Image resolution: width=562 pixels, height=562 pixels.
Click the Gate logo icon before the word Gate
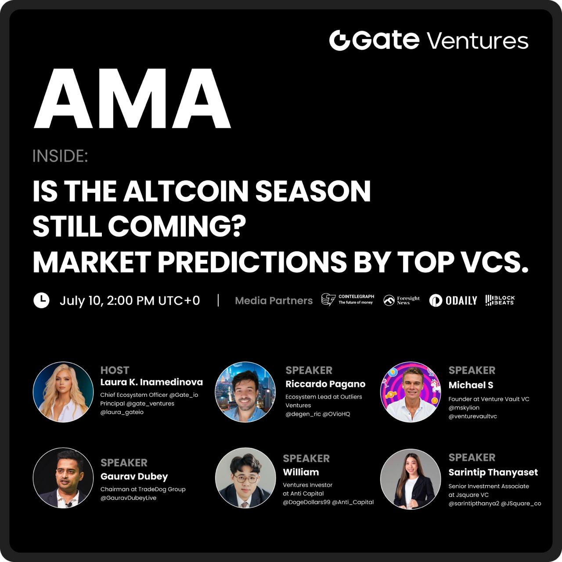(x=339, y=40)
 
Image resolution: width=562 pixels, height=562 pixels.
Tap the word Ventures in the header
(x=478, y=41)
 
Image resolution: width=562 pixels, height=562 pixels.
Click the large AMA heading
(x=132, y=99)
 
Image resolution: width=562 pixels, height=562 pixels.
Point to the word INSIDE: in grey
(x=60, y=156)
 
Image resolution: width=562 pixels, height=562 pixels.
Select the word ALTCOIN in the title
(x=186, y=191)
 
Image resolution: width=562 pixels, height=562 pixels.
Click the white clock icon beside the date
(x=41, y=300)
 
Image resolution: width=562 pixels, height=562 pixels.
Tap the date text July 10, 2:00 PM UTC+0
(x=130, y=300)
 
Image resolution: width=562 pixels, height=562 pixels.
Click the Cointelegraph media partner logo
(x=348, y=299)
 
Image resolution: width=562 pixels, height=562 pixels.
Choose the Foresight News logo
(x=402, y=300)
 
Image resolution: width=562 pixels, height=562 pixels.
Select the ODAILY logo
(x=453, y=300)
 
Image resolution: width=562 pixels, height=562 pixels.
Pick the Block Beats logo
(x=500, y=300)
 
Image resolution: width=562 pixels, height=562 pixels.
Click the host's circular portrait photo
(x=63, y=392)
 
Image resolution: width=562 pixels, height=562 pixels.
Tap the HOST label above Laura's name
(x=115, y=371)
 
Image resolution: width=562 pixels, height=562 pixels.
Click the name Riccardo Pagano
(x=325, y=384)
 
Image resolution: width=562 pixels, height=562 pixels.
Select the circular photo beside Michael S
(x=411, y=392)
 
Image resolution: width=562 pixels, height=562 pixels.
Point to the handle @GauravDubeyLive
(x=128, y=498)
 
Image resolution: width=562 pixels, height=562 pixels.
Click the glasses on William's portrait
(x=245, y=479)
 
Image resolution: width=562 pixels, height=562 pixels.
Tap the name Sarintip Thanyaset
(x=493, y=472)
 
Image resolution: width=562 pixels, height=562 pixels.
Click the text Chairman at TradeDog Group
(x=143, y=489)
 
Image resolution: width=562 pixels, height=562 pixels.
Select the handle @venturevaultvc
(x=472, y=416)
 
